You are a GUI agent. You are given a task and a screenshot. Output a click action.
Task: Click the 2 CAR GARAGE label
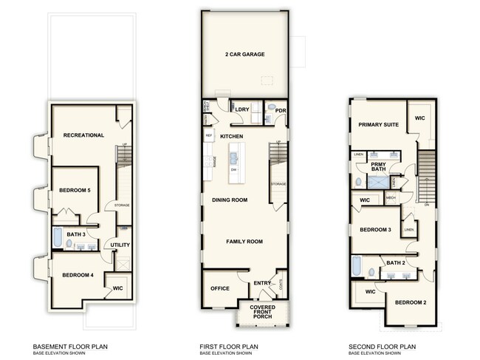click(x=244, y=55)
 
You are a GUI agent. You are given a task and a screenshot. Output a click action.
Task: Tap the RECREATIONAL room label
click(x=83, y=135)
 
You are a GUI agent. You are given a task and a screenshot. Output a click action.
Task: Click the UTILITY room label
click(x=120, y=245)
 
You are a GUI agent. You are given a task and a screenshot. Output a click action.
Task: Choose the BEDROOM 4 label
click(x=77, y=276)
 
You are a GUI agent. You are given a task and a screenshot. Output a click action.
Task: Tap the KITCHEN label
click(x=231, y=137)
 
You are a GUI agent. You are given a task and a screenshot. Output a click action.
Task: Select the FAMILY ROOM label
click(x=244, y=242)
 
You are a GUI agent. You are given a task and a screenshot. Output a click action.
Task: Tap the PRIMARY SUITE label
click(x=379, y=125)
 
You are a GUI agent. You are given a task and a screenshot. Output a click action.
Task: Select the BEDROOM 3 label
click(x=374, y=230)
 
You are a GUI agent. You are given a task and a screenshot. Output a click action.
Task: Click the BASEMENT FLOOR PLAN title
click(x=72, y=345)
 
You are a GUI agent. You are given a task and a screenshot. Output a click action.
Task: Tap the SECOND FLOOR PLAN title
click(x=381, y=345)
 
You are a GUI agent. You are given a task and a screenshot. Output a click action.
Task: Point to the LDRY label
click(x=241, y=109)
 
